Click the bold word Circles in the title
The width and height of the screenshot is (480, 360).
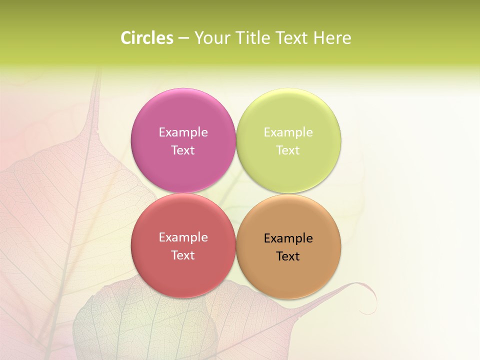tap(146, 38)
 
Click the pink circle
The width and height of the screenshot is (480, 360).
tap(183, 115)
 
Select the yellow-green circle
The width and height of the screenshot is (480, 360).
tap(288, 115)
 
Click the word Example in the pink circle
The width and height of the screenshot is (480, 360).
tap(183, 132)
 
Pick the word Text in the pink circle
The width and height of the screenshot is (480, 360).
tap(183, 150)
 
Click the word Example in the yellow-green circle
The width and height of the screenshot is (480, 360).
tap(288, 132)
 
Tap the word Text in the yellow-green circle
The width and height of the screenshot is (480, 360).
tap(288, 150)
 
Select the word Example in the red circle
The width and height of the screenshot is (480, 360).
tap(183, 237)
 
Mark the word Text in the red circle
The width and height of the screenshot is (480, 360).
tap(183, 255)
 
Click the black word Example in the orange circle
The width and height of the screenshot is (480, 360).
tap(288, 238)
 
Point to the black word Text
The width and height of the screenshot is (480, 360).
tap(288, 256)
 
